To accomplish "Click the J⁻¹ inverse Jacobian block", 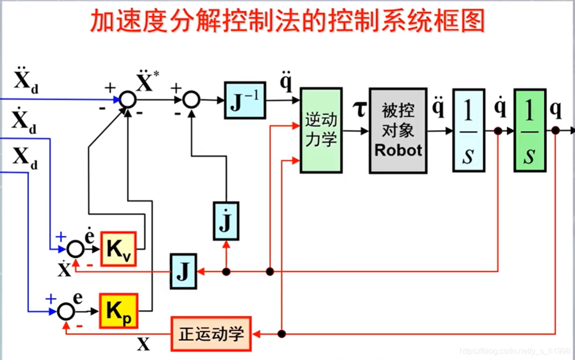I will pos(245,100).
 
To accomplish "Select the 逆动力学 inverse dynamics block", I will pos(321,131).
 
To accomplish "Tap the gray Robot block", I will pos(398,131).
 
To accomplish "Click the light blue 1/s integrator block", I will pos(468,131).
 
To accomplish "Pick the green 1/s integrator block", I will pos(529,131).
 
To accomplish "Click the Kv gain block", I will pos(118,249).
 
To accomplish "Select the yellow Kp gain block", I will pos(118,311).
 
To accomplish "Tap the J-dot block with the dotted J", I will pos(226,221).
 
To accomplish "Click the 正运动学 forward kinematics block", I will pos(211,334).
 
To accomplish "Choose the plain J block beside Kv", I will pos(184,271).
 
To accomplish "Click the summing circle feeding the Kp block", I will pos(66,311).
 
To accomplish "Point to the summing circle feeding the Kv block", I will pos(75,249).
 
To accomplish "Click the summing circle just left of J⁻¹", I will pos(191,100).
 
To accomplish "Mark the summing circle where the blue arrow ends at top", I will pos(128,100).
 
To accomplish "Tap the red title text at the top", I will pos(287,21).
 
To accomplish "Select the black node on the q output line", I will pos(555,131).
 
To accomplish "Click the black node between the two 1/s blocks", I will pos(498,131).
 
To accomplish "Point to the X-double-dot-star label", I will pos(146,82).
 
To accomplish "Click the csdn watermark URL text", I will pos(515,351).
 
